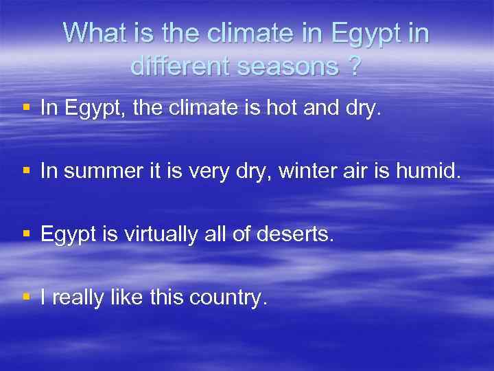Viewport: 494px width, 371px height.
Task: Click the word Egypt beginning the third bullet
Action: click(66, 235)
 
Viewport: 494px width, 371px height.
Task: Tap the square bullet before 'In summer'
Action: click(27, 170)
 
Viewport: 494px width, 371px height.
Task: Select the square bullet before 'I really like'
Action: click(27, 297)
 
